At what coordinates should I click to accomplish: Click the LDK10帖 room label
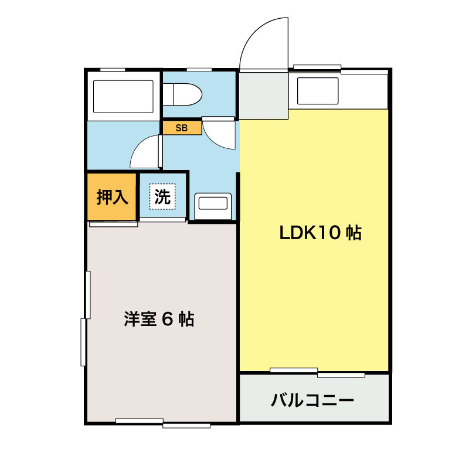point(320,233)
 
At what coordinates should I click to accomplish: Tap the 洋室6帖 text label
point(159,320)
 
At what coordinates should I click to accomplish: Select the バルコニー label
point(312,401)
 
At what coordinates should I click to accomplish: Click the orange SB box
point(182,128)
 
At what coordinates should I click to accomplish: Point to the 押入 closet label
point(112,197)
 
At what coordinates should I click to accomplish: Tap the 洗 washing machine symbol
point(162,197)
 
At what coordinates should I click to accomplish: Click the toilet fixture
point(183,94)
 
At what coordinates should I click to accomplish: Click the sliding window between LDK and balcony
point(317,372)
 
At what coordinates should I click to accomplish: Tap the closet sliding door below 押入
point(113,223)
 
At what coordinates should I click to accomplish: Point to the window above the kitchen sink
point(317,67)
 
